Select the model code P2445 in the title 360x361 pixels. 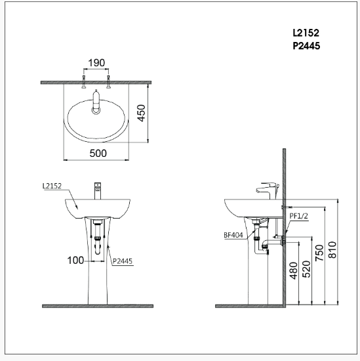tap(306, 46)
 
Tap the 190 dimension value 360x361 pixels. tap(96, 63)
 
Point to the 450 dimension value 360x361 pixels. tap(159, 113)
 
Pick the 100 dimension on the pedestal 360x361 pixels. tap(75, 260)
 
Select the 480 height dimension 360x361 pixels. tap(292, 270)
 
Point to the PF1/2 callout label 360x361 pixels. tap(299, 214)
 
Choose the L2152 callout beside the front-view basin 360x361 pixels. tap(52, 186)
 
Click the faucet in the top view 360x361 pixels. tap(96, 100)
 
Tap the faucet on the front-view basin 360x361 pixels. tap(97, 190)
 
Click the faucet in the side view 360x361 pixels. tap(266, 190)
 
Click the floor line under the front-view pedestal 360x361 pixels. tap(98, 306)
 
